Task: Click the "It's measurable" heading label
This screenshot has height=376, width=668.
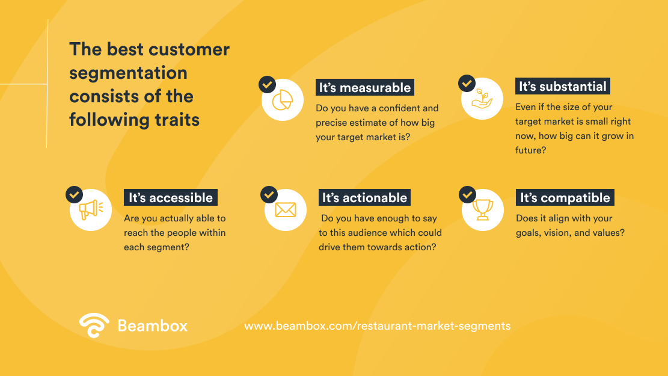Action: (365, 88)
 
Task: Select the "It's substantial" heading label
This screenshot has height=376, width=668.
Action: (563, 87)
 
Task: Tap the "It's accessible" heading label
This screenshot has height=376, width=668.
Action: (171, 198)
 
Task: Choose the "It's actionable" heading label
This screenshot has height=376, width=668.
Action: (364, 198)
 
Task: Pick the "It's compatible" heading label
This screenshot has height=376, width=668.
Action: (565, 198)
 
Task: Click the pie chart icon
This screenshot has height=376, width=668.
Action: (282, 100)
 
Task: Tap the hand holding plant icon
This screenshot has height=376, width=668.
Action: (482, 99)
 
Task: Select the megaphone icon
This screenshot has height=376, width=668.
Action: (91, 210)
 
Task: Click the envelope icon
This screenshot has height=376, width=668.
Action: (286, 210)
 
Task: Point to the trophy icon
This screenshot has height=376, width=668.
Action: (483, 209)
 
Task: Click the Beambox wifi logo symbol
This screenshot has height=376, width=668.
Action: (94, 325)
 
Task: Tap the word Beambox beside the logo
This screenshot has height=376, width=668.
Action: (153, 326)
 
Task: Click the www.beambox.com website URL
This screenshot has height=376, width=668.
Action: (377, 326)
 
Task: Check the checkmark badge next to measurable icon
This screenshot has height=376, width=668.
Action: (267, 84)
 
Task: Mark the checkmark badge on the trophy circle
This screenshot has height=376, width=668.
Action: (467, 194)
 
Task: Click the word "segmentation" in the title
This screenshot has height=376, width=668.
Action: (128, 73)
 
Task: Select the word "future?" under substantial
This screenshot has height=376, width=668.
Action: (530, 150)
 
